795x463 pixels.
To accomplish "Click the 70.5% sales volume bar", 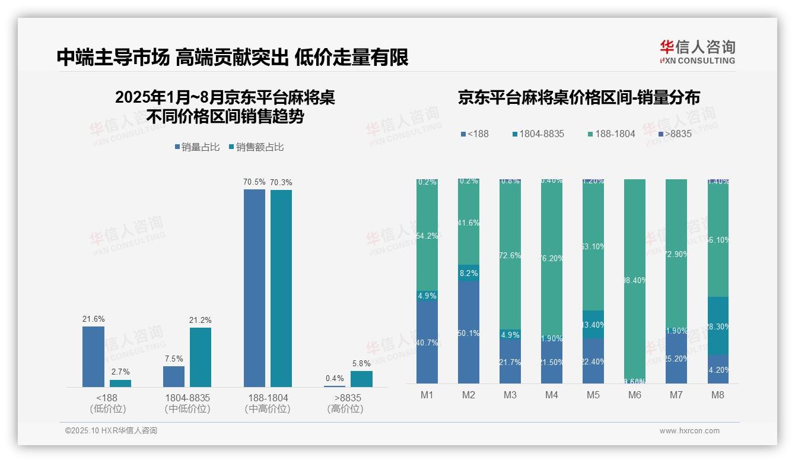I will (x=255, y=288).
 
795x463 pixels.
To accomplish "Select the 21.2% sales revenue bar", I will (x=201, y=357).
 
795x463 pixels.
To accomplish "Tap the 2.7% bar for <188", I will (x=120, y=383).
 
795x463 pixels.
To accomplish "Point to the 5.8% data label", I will (x=361, y=363).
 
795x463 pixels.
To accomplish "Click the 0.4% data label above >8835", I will (x=335, y=378).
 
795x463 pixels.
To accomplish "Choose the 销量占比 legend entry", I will (x=198, y=147).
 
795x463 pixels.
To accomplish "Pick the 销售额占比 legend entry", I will (x=256, y=147).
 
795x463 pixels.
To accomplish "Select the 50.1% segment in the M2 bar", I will (x=469, y=332).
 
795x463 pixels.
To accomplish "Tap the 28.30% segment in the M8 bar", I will (x=717, y=326).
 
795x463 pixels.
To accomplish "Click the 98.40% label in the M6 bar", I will (x=635, y=280).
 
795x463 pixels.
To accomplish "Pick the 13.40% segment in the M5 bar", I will (x=593, y=324).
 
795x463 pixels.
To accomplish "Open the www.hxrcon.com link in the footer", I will (x=689, y=431).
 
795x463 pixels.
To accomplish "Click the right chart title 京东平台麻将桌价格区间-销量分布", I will (x=578, y=98).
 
